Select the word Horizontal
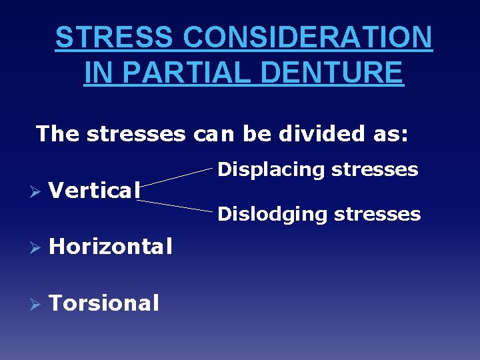111,247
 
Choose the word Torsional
104,303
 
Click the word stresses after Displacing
375,170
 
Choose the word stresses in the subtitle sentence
137,133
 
